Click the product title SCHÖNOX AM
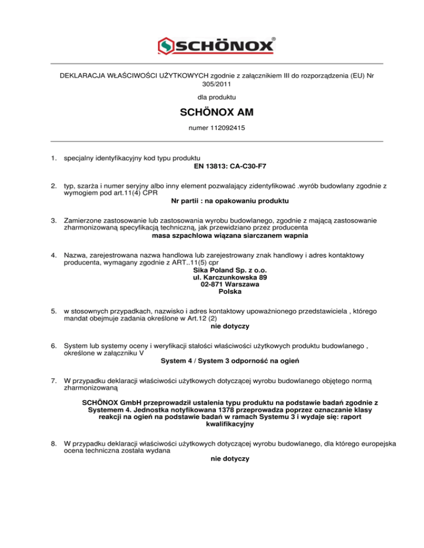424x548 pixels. (x=212, y=114)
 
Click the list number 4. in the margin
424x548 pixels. (x=54, y=256)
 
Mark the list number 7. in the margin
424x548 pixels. (x=54, y=380)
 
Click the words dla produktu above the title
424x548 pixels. (x=212, y=97)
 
